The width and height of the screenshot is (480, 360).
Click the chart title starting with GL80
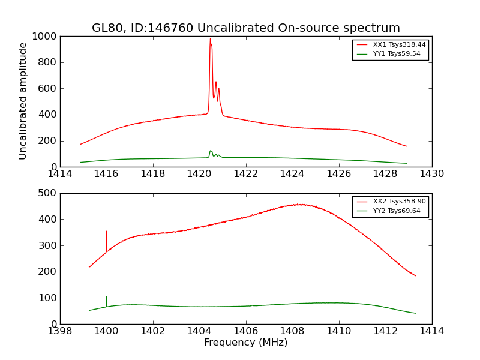click(245, 28)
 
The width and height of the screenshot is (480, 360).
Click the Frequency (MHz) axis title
click(245, 343)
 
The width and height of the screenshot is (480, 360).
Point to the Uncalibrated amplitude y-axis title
click(23, 101)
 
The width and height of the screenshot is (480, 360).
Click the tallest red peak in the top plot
click(210, 40)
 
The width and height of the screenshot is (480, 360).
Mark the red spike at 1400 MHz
click(107, 232)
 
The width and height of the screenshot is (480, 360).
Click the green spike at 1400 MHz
click(107, 298)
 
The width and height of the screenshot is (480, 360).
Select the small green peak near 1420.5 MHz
click(211, 151)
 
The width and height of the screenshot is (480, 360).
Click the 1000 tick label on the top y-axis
click(46, 37)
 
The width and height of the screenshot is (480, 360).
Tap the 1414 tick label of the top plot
click(61, 174)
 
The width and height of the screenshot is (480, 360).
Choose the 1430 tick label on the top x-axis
click(431, 174)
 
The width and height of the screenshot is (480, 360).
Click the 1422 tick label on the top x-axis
click(246, 174)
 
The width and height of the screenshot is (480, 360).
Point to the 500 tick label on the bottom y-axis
click(48, 193)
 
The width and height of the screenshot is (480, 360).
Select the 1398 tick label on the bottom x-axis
click(61, 331)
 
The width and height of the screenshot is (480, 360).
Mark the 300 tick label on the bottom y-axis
click(48, 245)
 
